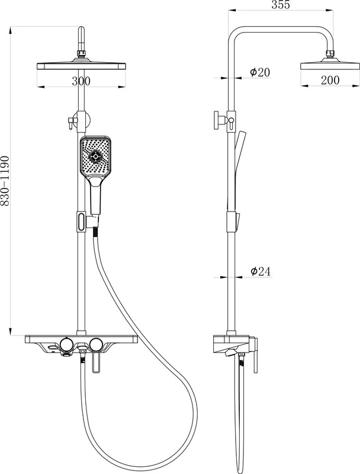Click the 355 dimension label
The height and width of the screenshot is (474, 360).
pyautogui.click(x=281, y=4)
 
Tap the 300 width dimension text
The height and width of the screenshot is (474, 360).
pyautogui.click(x=81, y=81)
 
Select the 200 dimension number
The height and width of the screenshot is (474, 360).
pyautogui.click(x=330, y=80)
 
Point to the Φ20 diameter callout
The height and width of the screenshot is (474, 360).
pyautogui.click(x=260, y=72)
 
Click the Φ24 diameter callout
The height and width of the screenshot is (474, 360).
pyautogui.click(x=261, y=271)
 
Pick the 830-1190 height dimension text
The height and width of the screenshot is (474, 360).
pyautogui.click(x=5, y=181)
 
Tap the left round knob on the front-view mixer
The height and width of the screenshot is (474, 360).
pyautogui.click(x=66, y=344)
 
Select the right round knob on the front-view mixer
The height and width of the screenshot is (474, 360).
pyautogui.click(x=96, y=344)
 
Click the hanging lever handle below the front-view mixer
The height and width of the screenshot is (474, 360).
pyautogui.click(x=96, y=362)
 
